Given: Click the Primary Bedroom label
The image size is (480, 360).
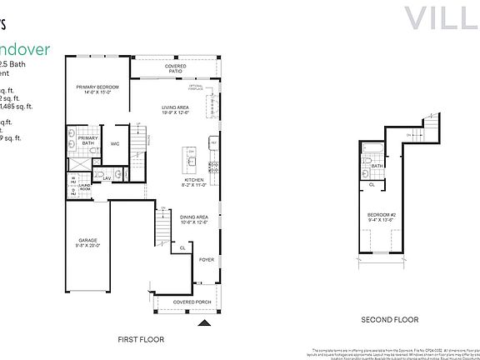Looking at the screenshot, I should point(98,88).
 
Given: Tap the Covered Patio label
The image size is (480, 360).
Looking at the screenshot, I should point(176,69).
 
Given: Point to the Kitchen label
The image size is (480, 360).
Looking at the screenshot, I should point(193,182).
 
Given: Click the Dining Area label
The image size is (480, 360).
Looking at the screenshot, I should point(193,218).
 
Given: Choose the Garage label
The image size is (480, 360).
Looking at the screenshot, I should point(87,242).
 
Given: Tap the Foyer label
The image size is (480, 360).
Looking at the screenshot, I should point(207,259).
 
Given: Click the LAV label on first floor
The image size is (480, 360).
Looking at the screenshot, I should point(107,177).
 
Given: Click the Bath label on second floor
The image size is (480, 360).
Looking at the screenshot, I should point(377,166).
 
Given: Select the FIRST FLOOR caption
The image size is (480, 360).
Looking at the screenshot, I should point(142,339).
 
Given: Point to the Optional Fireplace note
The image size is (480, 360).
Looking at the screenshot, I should point(197,87).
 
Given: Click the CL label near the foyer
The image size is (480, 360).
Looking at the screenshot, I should point(182,247).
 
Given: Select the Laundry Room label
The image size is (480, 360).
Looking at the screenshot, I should point(85,187).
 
